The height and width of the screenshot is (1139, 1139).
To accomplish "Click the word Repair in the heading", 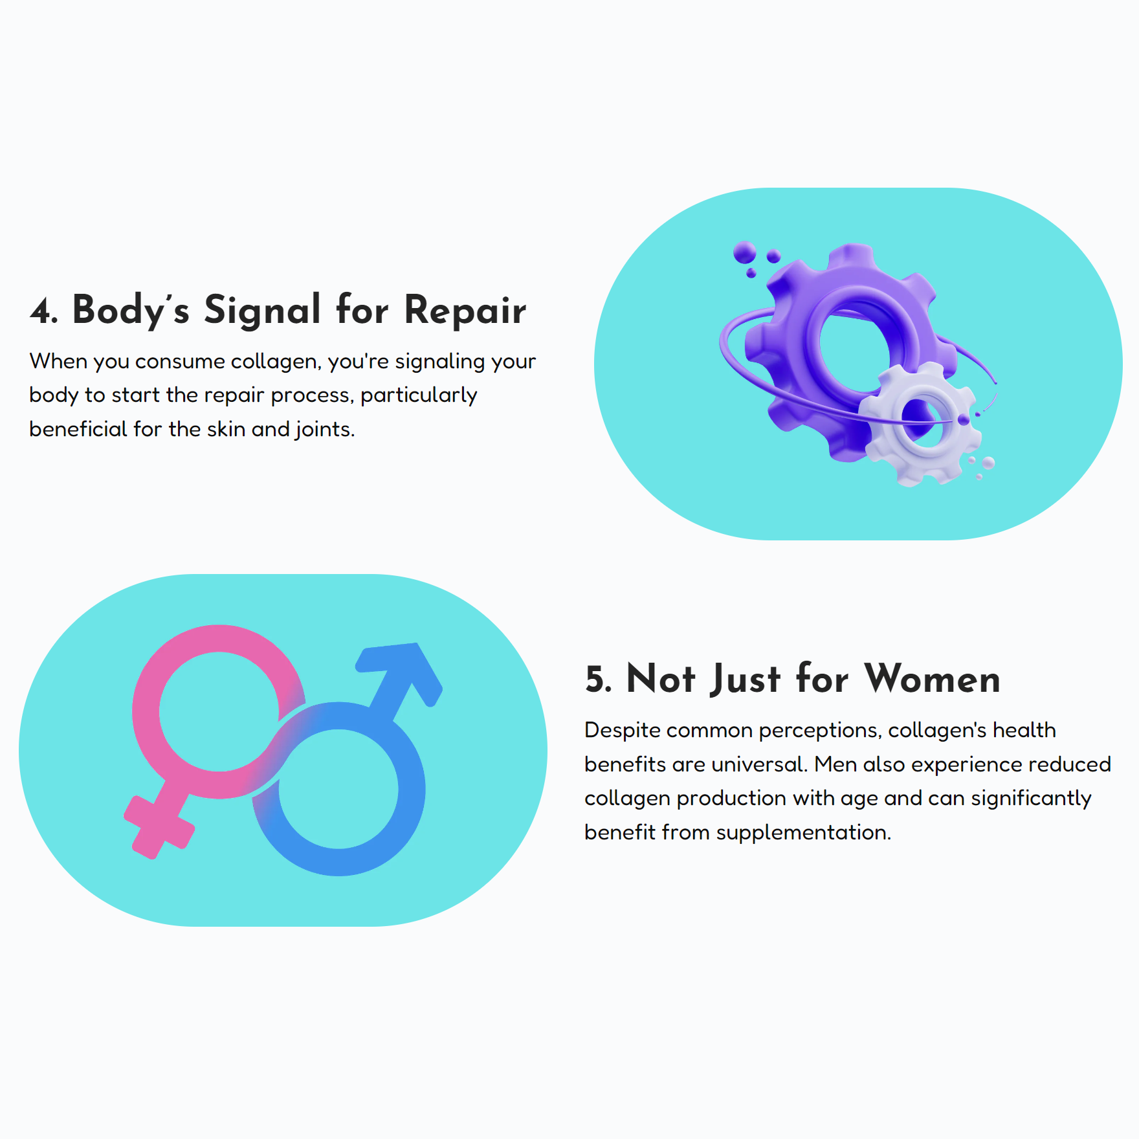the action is click(x=465, y=311).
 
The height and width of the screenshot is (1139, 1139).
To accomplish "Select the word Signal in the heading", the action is click(x=262, y=311).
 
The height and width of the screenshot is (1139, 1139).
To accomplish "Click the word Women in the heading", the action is click(x=933, y=679).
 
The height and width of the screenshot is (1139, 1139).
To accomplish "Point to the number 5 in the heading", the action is click(x=595, y=680).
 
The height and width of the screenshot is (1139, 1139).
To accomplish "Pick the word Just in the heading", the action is click(x=745, y=680).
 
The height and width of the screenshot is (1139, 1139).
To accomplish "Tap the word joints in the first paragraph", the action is click(x=324, y=429).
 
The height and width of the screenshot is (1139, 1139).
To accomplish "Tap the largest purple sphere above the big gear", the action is click(x=745, y=252).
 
